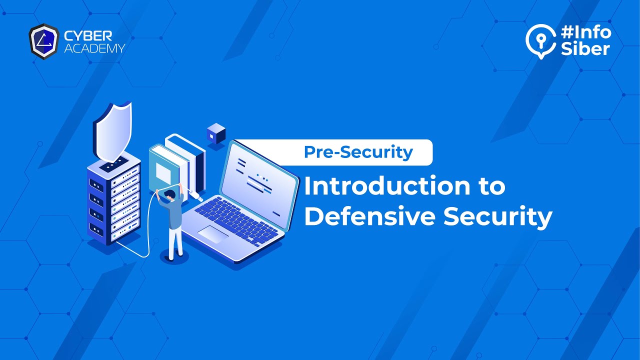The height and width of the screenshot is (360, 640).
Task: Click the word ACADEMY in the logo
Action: coord(94,48)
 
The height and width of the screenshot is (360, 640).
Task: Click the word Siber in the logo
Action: coord(585,49)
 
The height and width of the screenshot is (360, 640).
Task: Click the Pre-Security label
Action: coord(358,152)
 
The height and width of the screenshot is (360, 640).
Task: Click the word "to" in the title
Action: coord(488,187)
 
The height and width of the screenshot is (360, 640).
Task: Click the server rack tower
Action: coord(114,202)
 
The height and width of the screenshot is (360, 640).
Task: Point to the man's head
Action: coord(169,195)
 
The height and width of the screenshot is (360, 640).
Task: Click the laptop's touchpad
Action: coord(213,233)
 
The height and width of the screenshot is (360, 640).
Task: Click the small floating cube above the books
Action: coord(216,133)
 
